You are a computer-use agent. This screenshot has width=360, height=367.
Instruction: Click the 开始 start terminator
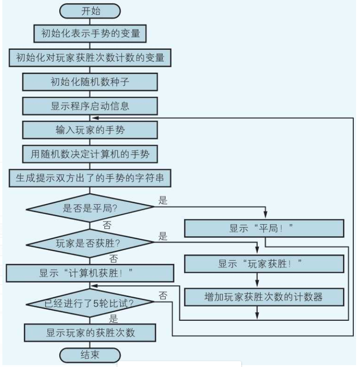coord(90,11)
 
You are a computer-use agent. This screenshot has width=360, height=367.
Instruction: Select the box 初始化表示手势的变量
coord(90,33)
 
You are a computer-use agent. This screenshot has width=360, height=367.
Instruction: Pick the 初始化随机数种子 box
coord(90,82)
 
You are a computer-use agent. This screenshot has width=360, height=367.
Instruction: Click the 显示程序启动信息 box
coord(90,106)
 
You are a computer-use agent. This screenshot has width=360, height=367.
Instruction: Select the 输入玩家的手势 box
coord(90,131)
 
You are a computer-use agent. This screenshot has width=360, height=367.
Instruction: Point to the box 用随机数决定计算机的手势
coord(90,155)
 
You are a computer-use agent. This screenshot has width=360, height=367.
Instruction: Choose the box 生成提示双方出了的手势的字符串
coord(90,179)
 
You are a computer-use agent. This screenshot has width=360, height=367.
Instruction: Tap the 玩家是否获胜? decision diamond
coord(90,244)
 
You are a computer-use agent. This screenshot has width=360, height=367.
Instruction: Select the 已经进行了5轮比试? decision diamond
coord(90,303)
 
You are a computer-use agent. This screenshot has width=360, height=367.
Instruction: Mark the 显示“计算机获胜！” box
coord(90,273)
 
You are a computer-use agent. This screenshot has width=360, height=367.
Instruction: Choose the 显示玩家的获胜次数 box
coord(90,333)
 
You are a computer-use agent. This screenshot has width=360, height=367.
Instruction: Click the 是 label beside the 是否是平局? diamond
coord(163,201)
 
